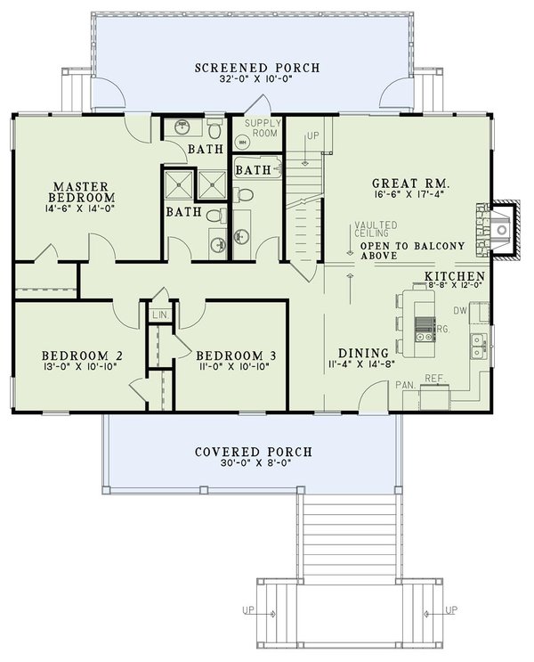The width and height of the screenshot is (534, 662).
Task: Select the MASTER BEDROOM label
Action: tap(81, 190)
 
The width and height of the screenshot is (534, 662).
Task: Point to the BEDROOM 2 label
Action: tap(69, 356)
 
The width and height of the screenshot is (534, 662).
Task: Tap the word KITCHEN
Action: tap(454, 276)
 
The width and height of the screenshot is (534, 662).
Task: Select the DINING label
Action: tap(363, 352)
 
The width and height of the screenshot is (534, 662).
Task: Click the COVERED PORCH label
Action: tap(244, 451)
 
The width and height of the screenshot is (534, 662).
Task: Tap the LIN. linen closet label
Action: tap(160, 315)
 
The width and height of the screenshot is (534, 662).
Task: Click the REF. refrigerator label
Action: tap(434, 379)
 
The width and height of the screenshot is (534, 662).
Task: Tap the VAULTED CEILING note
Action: tap(369, 230)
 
